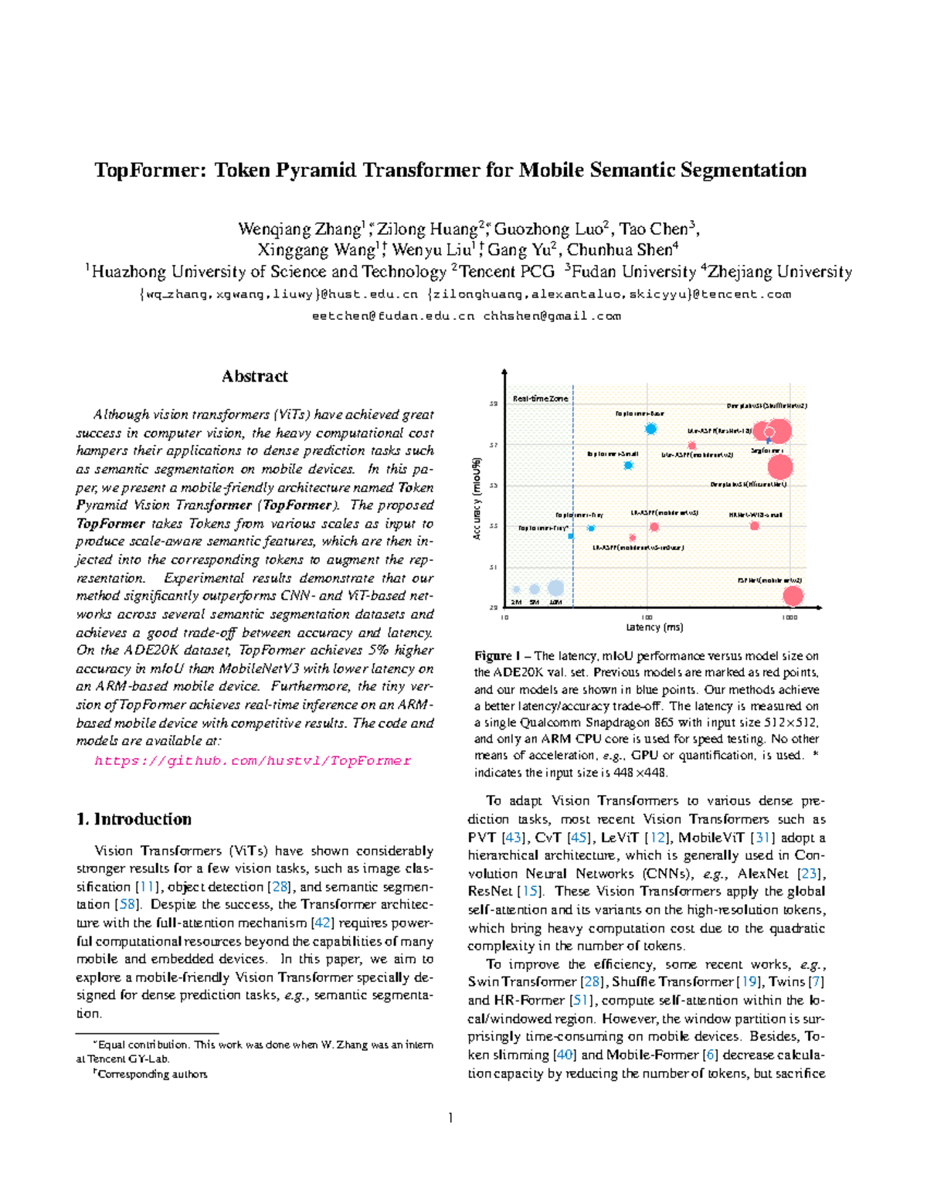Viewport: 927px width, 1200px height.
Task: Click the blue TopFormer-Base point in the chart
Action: [651, 429]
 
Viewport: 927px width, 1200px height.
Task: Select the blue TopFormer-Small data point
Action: [629, 465]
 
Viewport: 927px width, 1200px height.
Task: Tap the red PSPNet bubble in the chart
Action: [793, 596]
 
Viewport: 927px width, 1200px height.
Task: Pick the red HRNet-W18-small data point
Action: [755, 526]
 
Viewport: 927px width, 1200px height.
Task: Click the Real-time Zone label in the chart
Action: [540, 399]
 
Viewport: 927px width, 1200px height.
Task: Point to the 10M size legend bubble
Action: [555, 589]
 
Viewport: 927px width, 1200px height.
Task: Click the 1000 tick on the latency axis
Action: [789, 618]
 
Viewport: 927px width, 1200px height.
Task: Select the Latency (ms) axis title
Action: [654, 627]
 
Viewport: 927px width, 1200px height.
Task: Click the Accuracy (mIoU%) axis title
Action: [477, 498]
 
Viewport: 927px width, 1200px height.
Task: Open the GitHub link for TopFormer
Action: [253, 761]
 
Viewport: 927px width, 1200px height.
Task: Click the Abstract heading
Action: [254, 376]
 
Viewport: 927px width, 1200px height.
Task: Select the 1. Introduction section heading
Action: [134, 819]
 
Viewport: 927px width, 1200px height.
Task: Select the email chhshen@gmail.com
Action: [552, 316]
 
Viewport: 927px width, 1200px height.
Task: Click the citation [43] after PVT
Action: [512, 838]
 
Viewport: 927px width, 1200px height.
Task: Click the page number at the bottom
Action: [450, 1117]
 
